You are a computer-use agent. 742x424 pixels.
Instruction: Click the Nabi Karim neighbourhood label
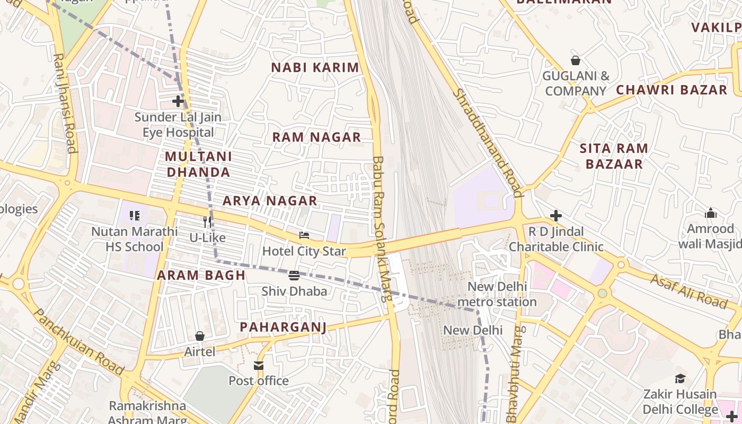click(x=315, y=68)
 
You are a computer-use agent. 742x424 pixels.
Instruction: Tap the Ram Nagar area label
click(x=316, y=137)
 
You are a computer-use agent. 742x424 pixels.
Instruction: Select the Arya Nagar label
click(x=270, y=201)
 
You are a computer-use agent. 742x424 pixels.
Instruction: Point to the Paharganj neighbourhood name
click(x=283, y=327)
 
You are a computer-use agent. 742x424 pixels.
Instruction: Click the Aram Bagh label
click(x=201, y=275)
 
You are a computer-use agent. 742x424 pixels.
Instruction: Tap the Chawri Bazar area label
click(x=672, y=90)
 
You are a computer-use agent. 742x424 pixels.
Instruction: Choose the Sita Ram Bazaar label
click(x=614, y=156)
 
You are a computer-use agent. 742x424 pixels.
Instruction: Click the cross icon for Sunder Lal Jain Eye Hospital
click(x=178, y=101)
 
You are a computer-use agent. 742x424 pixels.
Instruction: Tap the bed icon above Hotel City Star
click(x=304, y=235)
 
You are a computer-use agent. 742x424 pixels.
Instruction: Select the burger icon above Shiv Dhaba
click(x=294, y=275)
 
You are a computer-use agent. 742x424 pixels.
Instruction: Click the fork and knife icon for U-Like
click(x=208, y=222)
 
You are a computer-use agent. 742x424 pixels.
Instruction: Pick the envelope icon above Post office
click(x=259, y=365)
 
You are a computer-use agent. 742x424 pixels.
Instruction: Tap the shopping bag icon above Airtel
click(x=200, y=336)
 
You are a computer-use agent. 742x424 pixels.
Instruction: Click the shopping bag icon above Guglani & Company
click(x=575, y=60)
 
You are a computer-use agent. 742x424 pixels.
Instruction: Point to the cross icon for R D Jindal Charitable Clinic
click(x=555, y=216)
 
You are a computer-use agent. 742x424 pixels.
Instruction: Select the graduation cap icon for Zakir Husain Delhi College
click(x=680, y=378)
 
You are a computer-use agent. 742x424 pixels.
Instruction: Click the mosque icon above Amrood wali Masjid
click(x=710, y=213)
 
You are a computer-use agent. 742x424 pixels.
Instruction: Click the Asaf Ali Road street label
click(x=688, y=291)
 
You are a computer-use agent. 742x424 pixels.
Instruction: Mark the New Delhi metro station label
click(x=497, y=295)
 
